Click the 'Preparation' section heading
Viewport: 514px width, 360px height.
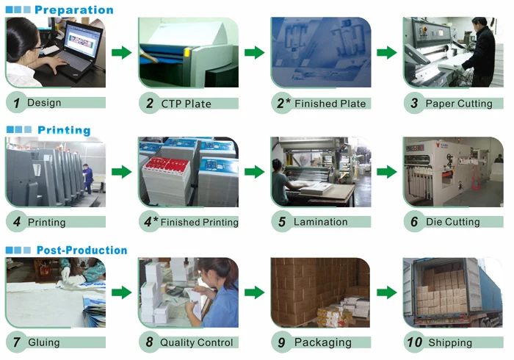[x=73, y=10]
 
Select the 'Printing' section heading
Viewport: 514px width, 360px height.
[x=64, y=130]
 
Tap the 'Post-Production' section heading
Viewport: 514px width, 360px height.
[x=82, y=250]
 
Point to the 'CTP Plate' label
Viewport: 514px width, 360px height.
[x=186, y=104]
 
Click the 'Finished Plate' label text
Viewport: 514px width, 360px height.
[x=330, y=104]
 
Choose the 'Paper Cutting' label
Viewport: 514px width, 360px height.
[x=459, y=104]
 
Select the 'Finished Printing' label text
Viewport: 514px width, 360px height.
[x=200, y=222]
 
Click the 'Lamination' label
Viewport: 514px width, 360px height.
[x=320, y=222]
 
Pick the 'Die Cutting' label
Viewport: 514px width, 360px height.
[x=453, y=222]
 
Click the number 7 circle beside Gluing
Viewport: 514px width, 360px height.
[x=16, y=342]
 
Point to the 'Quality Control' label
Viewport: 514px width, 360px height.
[x=196, y=342]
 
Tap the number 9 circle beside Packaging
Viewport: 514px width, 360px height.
[x=281, y=342]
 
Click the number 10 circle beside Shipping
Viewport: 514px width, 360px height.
[x=415, y=342]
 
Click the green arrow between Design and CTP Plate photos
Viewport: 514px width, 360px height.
[x=122, y=53]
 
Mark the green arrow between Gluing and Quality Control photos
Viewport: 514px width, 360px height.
[x=122, y=292]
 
